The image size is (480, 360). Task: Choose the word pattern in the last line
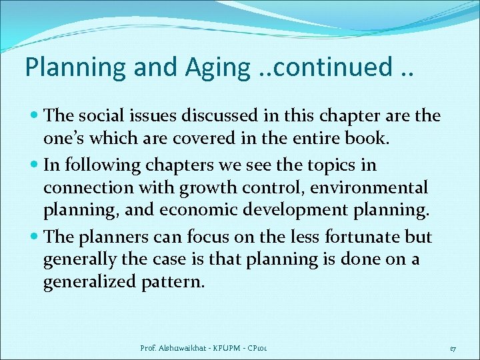pos(173,281)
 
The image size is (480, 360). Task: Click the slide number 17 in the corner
pos(453,348)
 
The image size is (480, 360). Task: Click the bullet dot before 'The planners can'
pos(34,237)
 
